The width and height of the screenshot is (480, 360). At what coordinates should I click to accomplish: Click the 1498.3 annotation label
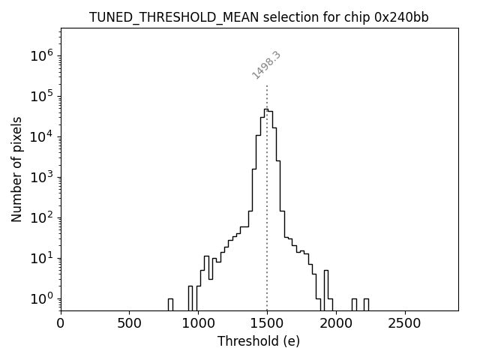click(x=266, y=65)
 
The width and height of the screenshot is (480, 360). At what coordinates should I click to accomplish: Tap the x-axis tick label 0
click(x=61, y=323)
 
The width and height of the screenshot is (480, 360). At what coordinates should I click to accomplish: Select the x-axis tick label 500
click(x=130, y=323)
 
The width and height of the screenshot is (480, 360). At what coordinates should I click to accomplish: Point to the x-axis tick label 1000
click(x=198, y=323)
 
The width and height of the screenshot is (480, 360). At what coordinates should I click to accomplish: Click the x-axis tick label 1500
click(x=267, y=323)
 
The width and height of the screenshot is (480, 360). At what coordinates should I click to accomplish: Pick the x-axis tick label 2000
click(x=336, y=323)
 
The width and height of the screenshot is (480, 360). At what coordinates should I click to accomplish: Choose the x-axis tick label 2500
click(x=405, y=323)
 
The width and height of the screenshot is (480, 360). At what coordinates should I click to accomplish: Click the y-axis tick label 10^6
click(x=42, y=55)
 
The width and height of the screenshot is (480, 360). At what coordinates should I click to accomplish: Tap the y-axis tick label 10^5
click(x=42, y=96)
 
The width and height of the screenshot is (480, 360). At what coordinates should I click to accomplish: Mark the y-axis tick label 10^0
click(x=42, y=298)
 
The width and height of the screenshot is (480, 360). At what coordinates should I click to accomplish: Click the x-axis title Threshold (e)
click(x=259, y=341)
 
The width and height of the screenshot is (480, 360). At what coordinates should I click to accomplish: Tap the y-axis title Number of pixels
click(x=16, y=169)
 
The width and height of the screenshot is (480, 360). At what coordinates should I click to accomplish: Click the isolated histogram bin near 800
click(x=170, y=304)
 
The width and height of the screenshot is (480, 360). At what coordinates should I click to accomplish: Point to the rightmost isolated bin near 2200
click(x=366, y=304)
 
